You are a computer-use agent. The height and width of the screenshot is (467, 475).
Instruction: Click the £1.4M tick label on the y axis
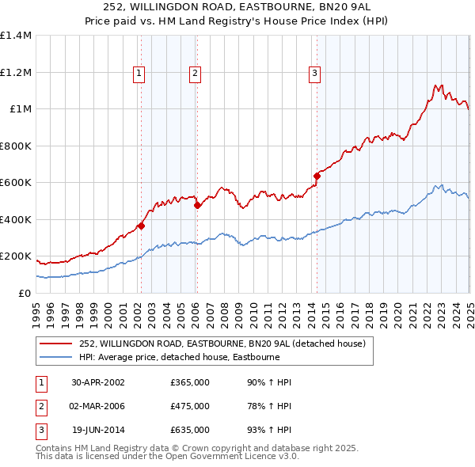(x=17, y=36)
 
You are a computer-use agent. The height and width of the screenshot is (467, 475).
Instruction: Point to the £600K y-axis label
(x=17, y=183)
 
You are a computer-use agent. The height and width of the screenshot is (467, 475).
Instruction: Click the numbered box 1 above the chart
(x=139, y=74)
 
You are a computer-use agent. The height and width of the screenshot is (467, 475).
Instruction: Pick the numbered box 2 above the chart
(x=195, y=74)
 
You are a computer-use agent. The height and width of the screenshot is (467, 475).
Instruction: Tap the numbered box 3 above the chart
(x=314, y=74)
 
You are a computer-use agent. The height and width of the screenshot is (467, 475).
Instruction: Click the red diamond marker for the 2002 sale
(x=141, y=226)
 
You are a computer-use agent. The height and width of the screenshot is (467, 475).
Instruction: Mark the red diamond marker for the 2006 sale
(x=197, y=206)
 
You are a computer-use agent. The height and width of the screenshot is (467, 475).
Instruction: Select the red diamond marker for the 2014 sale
(x=317, y=176)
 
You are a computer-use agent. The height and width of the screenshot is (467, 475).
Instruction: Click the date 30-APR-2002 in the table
(x=98, y=382)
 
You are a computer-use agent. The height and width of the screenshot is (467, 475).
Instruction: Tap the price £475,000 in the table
(x=190, y=406)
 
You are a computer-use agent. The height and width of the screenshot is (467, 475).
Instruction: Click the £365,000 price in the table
(x=190, y=382)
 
